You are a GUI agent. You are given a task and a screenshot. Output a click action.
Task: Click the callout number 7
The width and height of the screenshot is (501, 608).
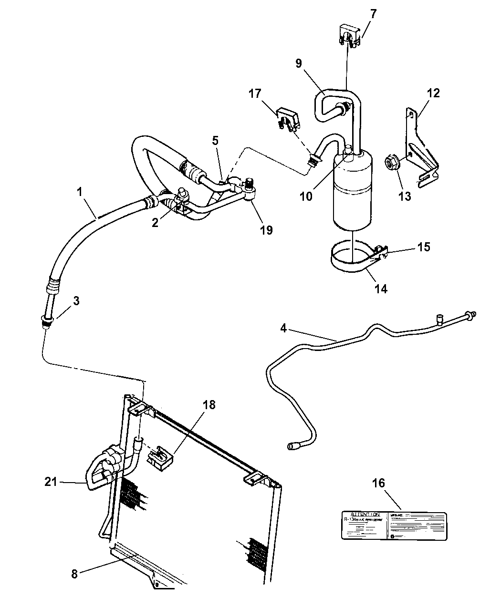pos(373,14)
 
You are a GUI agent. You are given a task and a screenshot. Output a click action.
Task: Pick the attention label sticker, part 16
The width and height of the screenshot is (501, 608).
pos(393,526)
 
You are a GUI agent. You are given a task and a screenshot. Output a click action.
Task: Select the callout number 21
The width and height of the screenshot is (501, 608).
pos(51,482)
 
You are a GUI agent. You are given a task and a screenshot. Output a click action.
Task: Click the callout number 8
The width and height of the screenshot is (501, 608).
pos(74,574)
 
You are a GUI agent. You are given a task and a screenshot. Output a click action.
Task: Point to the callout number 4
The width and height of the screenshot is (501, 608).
pos(283,328)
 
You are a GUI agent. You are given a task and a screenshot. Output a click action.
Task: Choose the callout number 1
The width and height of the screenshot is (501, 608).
pos(80,192)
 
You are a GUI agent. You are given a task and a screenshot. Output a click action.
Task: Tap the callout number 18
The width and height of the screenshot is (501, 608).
pos(209,405)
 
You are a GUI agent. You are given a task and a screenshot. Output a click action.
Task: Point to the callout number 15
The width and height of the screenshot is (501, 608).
pos(424,247)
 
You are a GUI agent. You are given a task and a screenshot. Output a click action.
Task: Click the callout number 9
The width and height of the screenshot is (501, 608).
pos(299,64)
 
